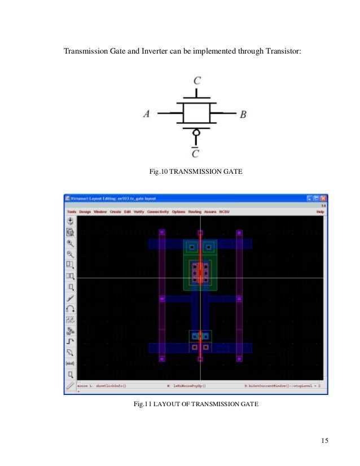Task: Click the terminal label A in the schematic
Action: [147, 114]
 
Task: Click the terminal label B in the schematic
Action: [243, 115]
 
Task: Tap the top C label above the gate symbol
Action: [196, 81]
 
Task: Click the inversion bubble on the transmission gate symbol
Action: [196, 134]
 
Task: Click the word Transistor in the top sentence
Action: [283, 52]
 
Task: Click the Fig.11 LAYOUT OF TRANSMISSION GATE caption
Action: [196, 404]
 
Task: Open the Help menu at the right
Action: [320, 212]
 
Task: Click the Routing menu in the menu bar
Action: [195, 212]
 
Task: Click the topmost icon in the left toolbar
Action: [71, 221]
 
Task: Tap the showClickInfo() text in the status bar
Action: [109, 386]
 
